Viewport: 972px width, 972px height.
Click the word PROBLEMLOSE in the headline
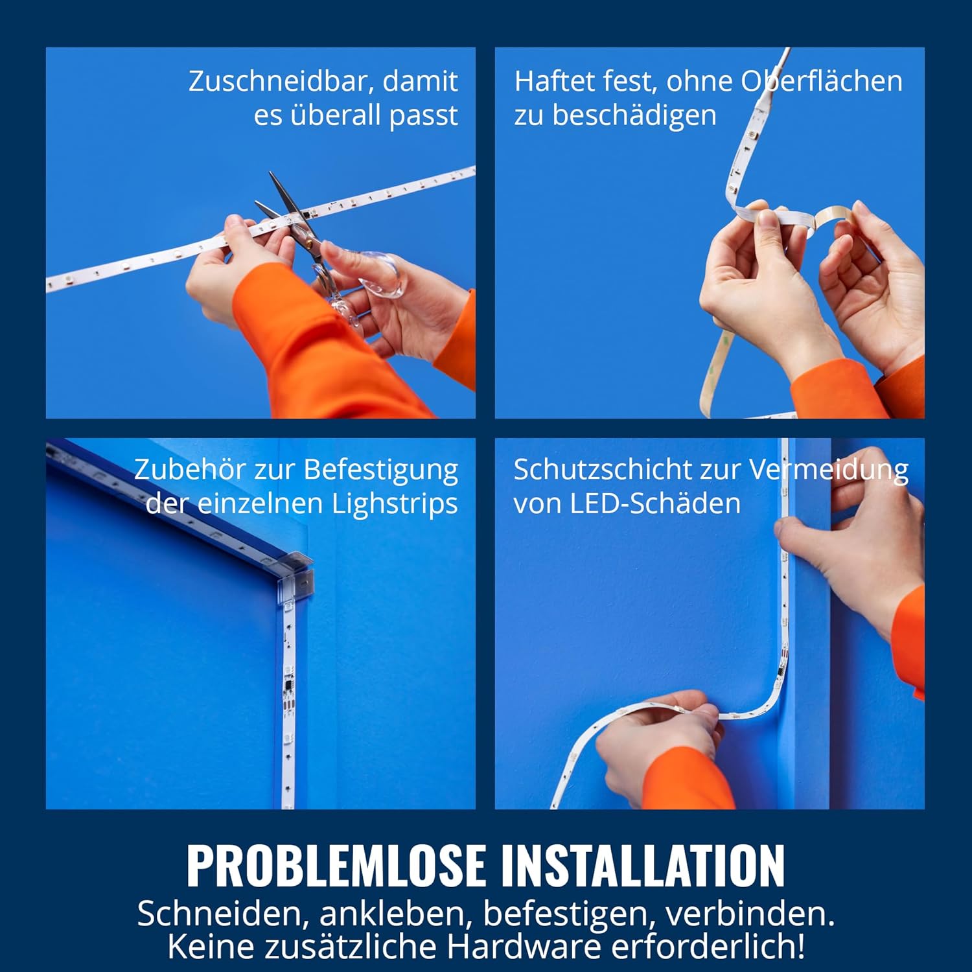(336, 865)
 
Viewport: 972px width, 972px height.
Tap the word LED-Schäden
(655, 503)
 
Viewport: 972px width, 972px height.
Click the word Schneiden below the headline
(219, 914)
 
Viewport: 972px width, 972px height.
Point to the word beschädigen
(634, 116)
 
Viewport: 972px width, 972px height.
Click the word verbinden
(750, 914)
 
